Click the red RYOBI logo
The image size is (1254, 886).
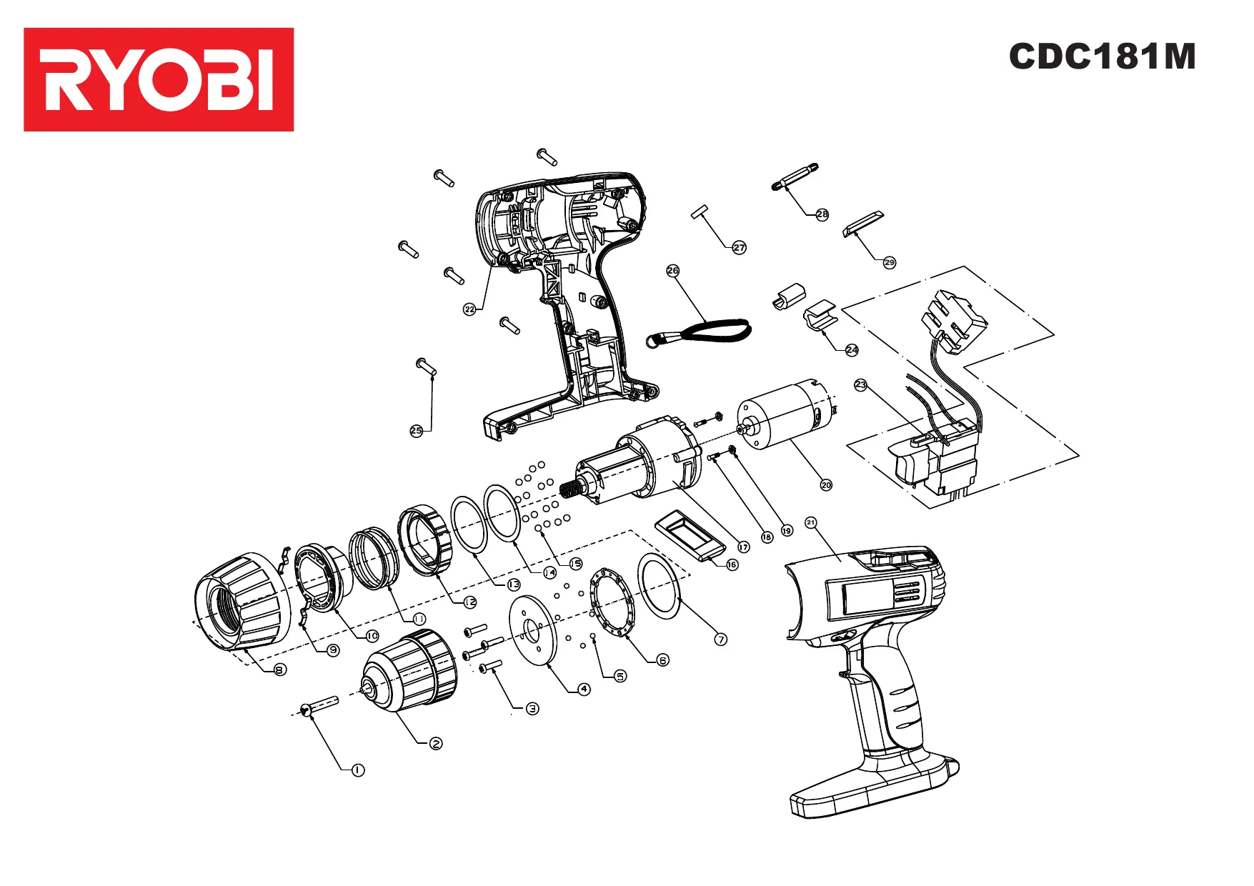(159, 79)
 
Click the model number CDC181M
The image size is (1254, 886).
(1102, 56)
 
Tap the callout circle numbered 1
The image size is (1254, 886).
(358, 770)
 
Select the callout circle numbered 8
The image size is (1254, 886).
(280, 670)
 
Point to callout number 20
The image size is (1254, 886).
(826, 484)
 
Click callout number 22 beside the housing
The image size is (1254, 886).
(469, 309)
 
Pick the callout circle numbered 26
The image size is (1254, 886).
(672, 271)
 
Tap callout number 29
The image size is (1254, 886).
(889, 262)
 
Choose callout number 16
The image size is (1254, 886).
(732, 564)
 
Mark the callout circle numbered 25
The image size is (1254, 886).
(417, 430)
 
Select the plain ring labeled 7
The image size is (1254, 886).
(658, 584)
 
